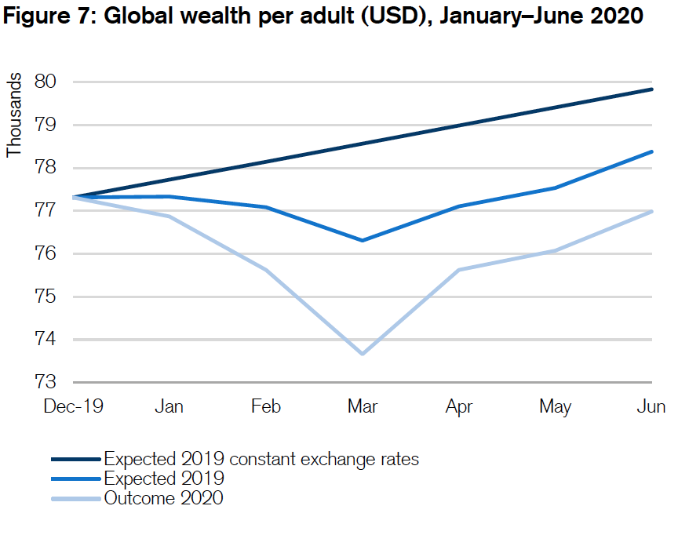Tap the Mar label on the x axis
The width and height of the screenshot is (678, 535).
pos(363,406)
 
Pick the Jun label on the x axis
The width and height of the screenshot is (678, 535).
pos(651,406)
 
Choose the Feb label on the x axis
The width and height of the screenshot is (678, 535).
pos(266,406)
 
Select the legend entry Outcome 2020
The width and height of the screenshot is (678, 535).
pos(163,498)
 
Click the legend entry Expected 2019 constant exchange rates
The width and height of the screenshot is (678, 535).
pos(261,459)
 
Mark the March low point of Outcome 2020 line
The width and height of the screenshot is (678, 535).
pos(363,354)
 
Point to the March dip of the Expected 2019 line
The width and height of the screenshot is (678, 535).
pos(363,240)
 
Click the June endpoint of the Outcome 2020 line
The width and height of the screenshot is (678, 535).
pos(651,212)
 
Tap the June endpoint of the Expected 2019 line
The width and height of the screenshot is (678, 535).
pos(651,152)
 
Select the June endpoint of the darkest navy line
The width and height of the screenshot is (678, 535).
pos(651,89)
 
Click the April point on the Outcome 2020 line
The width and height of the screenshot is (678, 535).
pos(459,270)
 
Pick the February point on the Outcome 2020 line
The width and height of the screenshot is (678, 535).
pos(266,270)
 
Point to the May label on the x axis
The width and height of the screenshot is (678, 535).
pos(555,406)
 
